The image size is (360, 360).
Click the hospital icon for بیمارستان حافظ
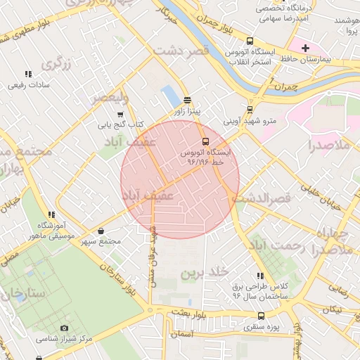(305, 48)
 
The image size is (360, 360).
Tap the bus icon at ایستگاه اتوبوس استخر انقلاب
(250, 41)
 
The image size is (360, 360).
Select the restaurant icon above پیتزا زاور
(186, 100)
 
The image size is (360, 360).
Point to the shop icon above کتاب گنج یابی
(120, 114)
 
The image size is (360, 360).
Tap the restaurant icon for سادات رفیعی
(28, 74)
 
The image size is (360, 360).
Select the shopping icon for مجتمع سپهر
(101, 231)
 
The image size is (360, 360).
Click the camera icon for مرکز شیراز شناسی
(65, 328)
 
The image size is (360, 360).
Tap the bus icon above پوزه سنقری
(261, 316)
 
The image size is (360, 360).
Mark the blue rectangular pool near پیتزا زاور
(171, 97)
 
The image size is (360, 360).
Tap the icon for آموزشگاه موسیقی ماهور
(51, 214)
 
